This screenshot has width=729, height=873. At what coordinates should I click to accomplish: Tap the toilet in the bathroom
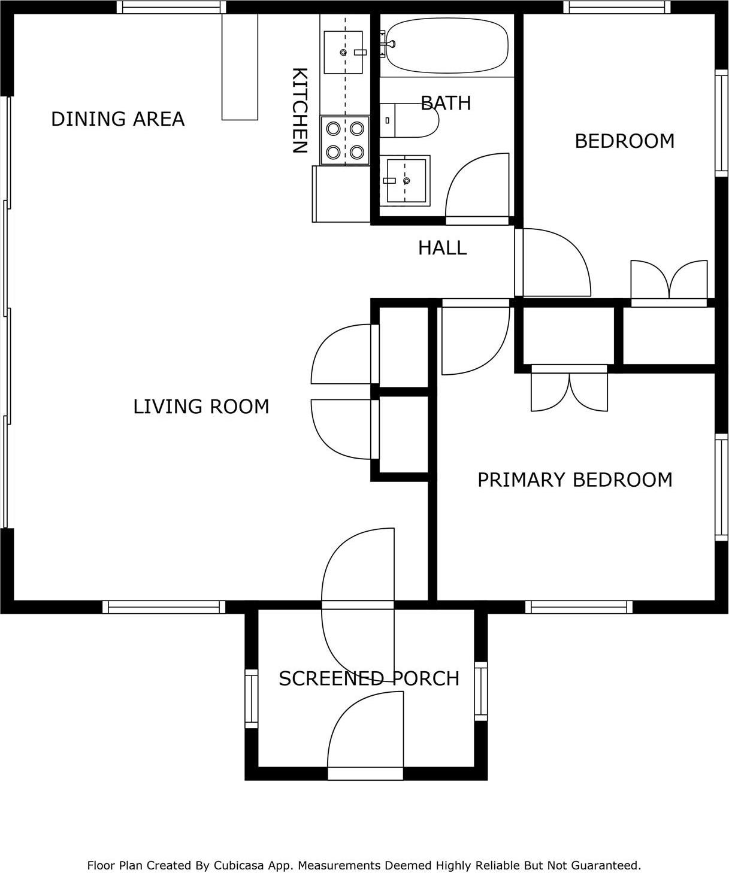[x=409, y=120]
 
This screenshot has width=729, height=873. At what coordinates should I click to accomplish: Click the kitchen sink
[x=343, y=52]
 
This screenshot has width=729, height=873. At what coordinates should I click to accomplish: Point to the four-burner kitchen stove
[x=345, y=141]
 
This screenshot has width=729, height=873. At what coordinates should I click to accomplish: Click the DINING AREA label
[x=117, y=119]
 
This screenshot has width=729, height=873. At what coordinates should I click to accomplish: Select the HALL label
[x=443, y=248]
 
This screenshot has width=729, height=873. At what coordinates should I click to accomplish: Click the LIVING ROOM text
[x=201, y=407]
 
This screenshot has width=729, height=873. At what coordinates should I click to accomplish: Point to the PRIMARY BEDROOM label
[x=575, y=480]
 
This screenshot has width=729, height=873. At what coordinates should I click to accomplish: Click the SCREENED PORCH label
[x=369, y=678]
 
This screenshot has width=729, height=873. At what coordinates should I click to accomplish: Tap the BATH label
[x=446, y=103]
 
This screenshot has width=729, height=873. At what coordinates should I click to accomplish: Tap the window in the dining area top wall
[x=171, y=8]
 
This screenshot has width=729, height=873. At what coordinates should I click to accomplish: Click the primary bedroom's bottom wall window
[x=579, y=607]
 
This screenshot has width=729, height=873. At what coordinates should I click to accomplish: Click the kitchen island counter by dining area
[x=240, y=67]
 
